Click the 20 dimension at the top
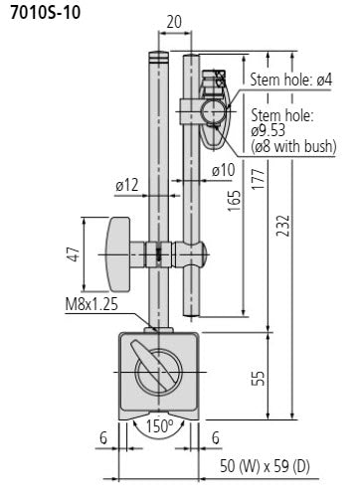point(174,20)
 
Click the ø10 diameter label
point(221,170)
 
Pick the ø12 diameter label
point(125,185)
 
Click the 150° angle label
point(160,427)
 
